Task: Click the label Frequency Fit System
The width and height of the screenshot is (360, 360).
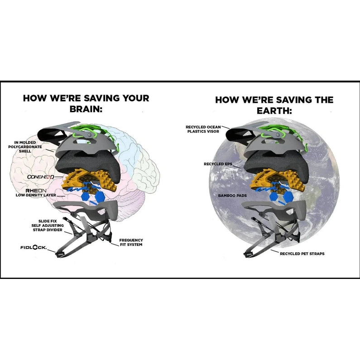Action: (x=131, y=242)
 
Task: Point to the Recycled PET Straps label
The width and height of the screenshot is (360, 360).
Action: (x=302, y=254)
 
